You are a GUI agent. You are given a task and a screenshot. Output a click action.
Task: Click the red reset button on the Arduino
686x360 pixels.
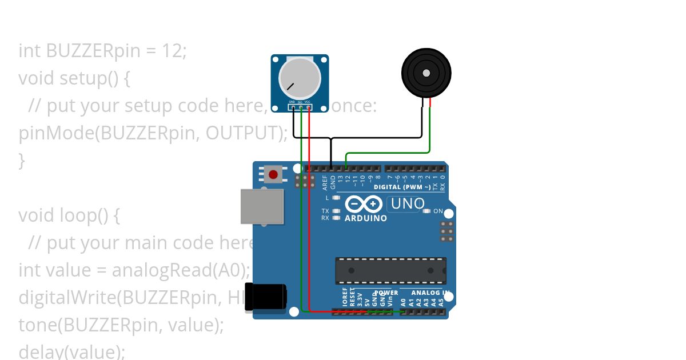pos(273,174)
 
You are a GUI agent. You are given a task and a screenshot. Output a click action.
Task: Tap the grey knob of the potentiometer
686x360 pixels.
pos(300,78)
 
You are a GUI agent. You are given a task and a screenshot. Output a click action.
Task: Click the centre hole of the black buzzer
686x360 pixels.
pos(426,73)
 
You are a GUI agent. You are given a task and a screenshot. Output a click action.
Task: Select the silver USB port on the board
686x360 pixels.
pos(262,206)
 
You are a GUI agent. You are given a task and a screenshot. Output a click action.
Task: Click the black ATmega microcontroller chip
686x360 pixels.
pos(390,270)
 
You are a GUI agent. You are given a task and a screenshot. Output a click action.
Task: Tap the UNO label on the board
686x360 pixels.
pos(407,203)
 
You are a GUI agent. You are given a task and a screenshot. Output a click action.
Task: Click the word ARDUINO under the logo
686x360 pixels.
pos(366,218)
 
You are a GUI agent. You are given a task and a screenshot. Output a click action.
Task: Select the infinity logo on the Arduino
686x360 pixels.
pos(363,204)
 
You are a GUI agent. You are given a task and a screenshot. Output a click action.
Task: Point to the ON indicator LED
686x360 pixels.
pos(426,211)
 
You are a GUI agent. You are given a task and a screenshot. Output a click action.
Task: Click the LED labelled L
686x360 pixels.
pos(336,198)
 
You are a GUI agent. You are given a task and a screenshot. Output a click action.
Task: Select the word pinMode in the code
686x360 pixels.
pos(55,133)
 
